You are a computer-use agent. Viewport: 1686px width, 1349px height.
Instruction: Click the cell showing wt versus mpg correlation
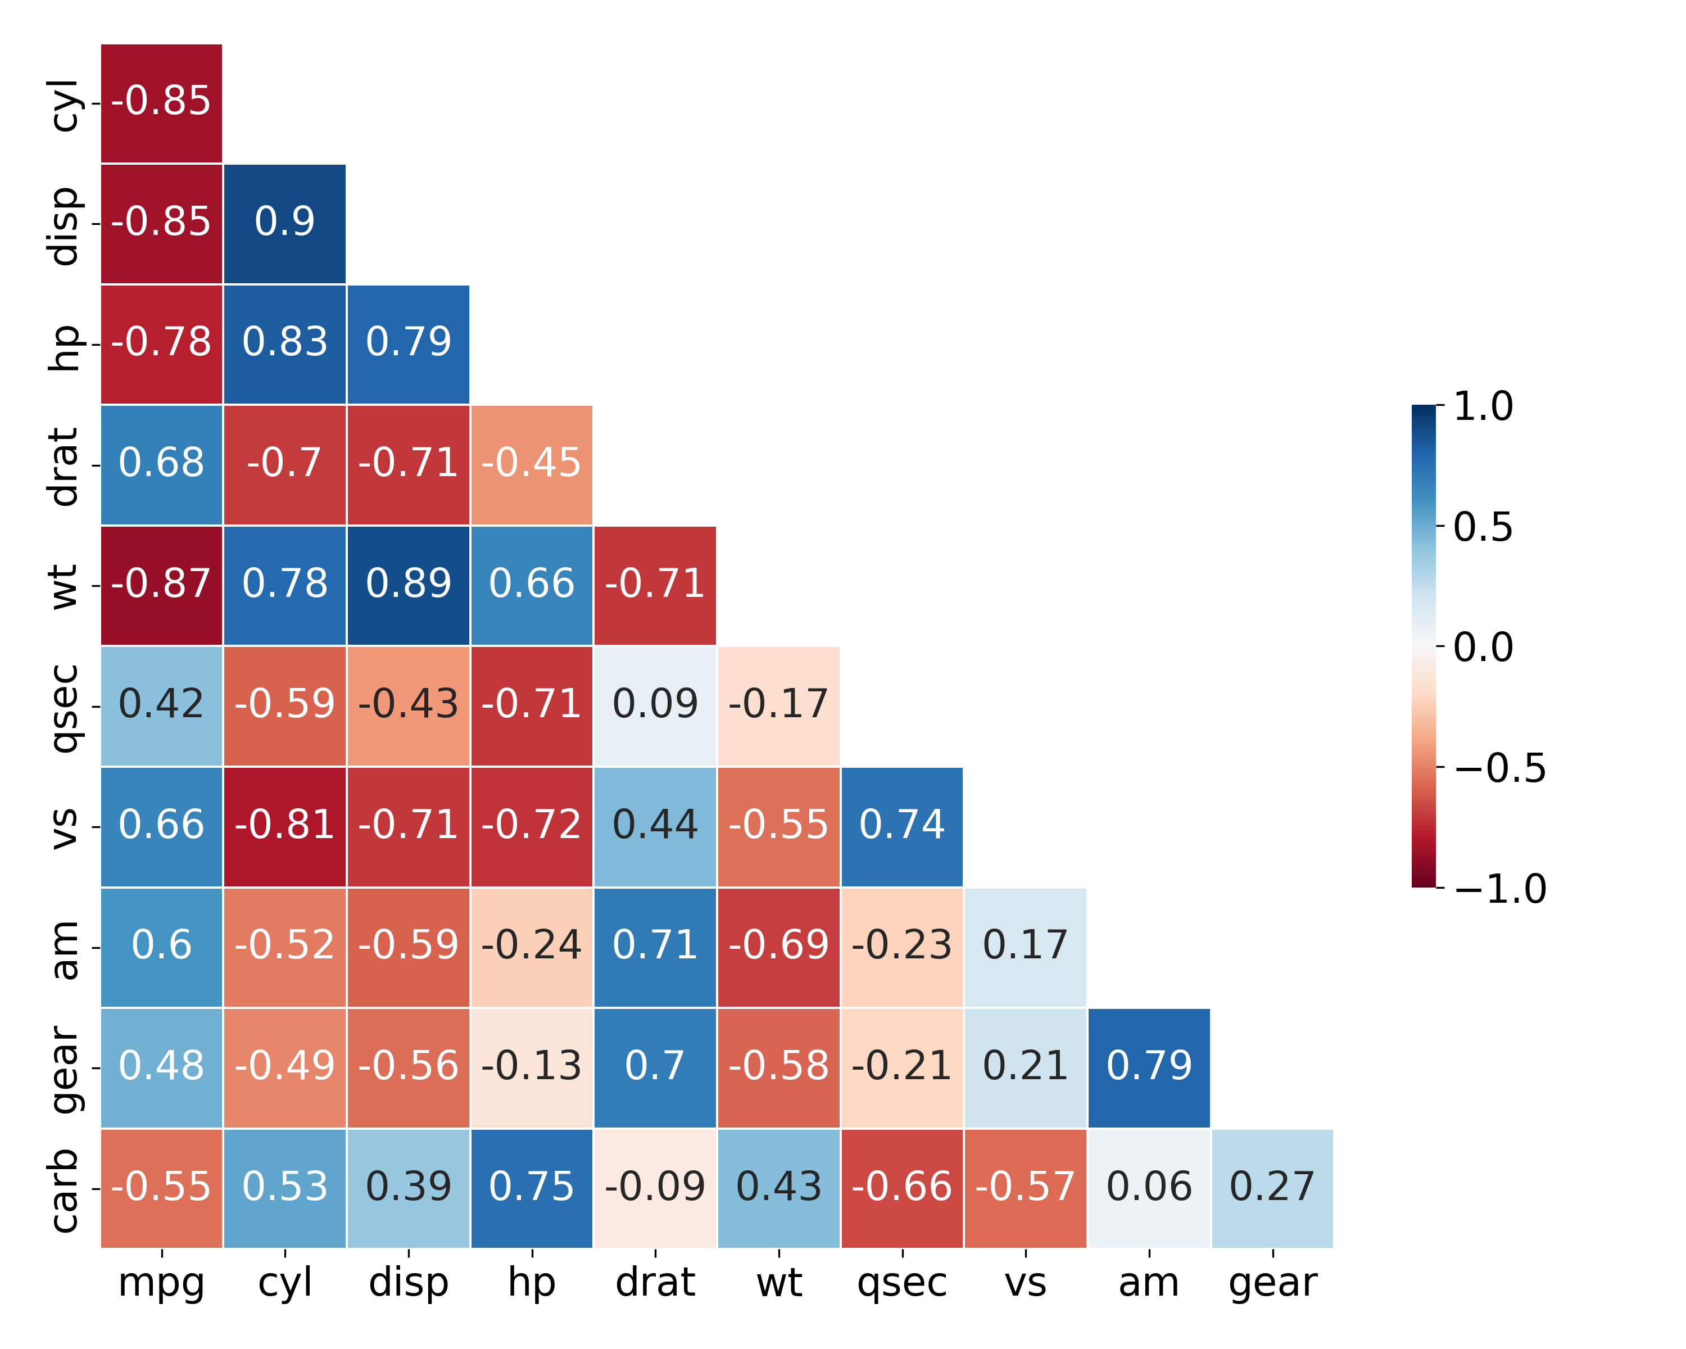[x=161, y=585]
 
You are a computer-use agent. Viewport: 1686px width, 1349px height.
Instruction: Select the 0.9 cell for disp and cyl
[x=284, y=223]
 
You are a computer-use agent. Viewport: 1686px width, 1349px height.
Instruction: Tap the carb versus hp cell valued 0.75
[x=532, y=1188]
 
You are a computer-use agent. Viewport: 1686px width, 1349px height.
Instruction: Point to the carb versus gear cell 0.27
[x=1272, y=1188]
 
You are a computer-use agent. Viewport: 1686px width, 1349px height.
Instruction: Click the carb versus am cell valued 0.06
[x=1149, y=1188]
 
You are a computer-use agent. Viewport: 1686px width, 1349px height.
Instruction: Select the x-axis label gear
[x=1272, y=1283]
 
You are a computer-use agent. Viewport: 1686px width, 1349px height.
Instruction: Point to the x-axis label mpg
[x=161, y=1283]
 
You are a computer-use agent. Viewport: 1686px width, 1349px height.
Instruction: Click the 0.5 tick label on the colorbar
[x=1483, y=527]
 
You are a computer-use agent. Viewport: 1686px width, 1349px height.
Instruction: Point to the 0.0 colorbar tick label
[x=1483, y=648]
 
